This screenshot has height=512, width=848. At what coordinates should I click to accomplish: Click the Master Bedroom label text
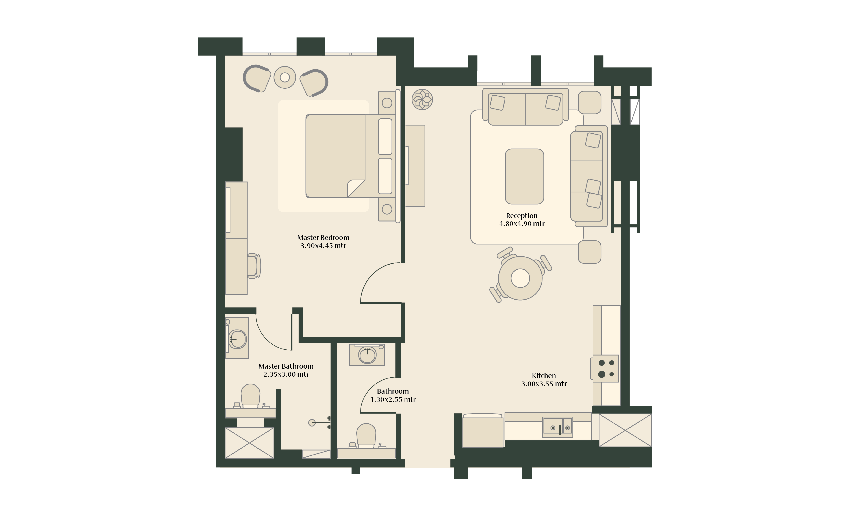[x=323, y=238]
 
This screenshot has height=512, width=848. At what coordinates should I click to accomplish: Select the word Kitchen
[x=544, y=376]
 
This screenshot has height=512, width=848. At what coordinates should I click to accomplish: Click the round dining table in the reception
[x=520, y=278]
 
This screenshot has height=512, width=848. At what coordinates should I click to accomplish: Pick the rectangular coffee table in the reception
[x=524, y=176]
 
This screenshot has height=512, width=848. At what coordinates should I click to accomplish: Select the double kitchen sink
[x=558, y=427]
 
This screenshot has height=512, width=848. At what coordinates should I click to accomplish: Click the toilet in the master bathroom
[x=250, y=396]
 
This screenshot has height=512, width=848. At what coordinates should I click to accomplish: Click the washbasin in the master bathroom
[x=238, y=339]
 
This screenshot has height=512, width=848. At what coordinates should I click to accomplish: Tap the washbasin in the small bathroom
[x=367, y=355]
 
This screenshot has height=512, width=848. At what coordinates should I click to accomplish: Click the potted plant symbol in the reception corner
[x=422, y=99]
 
